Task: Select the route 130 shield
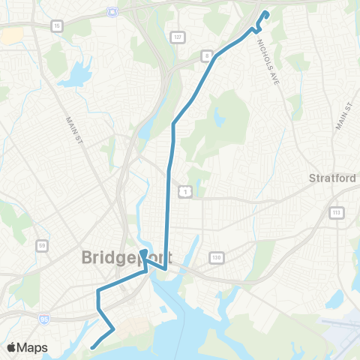point(217,256)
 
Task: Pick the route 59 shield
point(43,244)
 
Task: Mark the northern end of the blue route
point(265,13)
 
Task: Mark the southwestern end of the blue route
point(91,347)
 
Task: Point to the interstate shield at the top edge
point(112,10)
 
